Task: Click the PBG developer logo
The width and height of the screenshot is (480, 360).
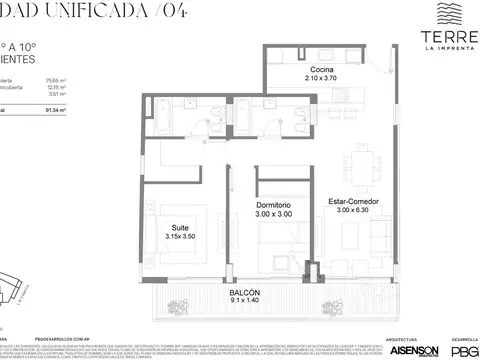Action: pyautogui.click(x=464, y=350)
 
